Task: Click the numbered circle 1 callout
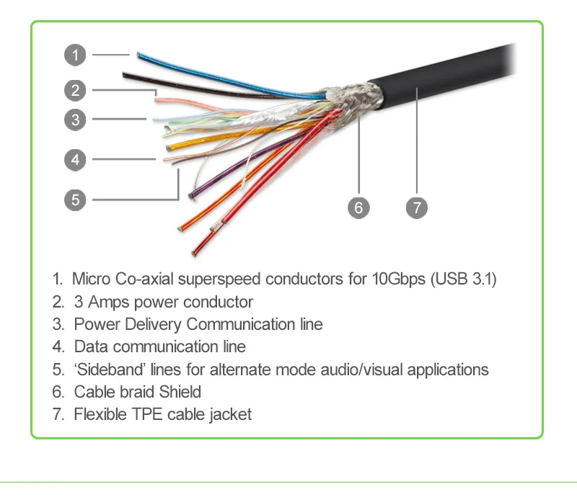(x=75, y=55)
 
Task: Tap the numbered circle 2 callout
(x=75, y=90)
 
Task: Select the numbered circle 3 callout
(x=75, y=119)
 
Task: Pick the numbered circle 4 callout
(x=75, y=159)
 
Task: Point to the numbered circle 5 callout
(x=75, y=199)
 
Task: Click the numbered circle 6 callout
(x=358, y=208)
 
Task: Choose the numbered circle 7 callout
(x=417, y=208)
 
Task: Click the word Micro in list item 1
(x=91, y=279)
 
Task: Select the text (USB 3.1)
(x=463, y=279)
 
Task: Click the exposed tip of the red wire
(x=195, y=251)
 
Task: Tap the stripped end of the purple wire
(x=193, y=195)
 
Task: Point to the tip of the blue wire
(x=136, y=54)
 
